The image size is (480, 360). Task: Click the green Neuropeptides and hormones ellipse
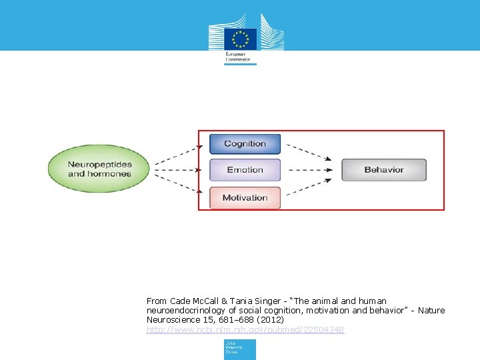[100, 169]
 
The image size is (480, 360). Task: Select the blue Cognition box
[245, 144]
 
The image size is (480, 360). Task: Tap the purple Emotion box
[245, 170]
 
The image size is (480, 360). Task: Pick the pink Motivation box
[245, 198]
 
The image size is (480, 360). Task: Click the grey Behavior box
[384, 170]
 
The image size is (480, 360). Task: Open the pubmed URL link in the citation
[245, 330]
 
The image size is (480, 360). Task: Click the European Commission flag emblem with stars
[240, 37]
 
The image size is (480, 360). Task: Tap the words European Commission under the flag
[238, 57]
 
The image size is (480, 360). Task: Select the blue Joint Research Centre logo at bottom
[240, 349]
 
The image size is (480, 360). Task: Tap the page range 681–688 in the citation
[229, 320]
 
